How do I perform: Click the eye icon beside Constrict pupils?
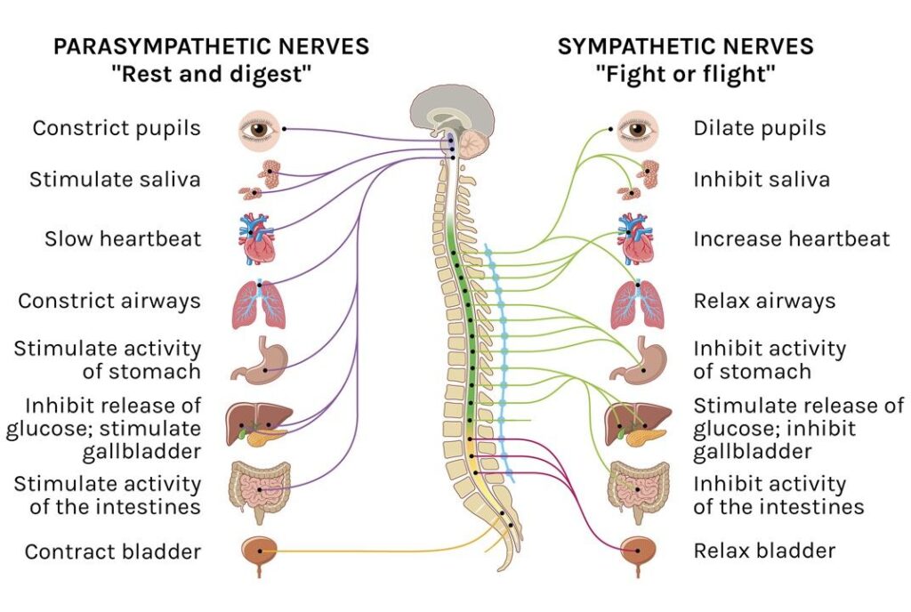[x=259, y=129]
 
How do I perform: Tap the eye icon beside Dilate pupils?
[x=637, y=129]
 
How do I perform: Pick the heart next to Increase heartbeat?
[x=637, y=238]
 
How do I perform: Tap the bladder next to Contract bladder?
[x=259, y=552]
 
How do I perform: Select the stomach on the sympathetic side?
[x=639, y=359]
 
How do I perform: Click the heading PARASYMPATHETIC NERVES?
[x=211, y=46]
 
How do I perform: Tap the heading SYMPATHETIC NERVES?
[x=685, y=46]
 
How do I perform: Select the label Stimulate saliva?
[x=116, y=179]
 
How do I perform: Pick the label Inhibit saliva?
[x=762, y=179]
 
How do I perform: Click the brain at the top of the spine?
[x=452, y=111]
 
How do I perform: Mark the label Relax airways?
[x=764, y=301]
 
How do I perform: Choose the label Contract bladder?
[x=113, y=552]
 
